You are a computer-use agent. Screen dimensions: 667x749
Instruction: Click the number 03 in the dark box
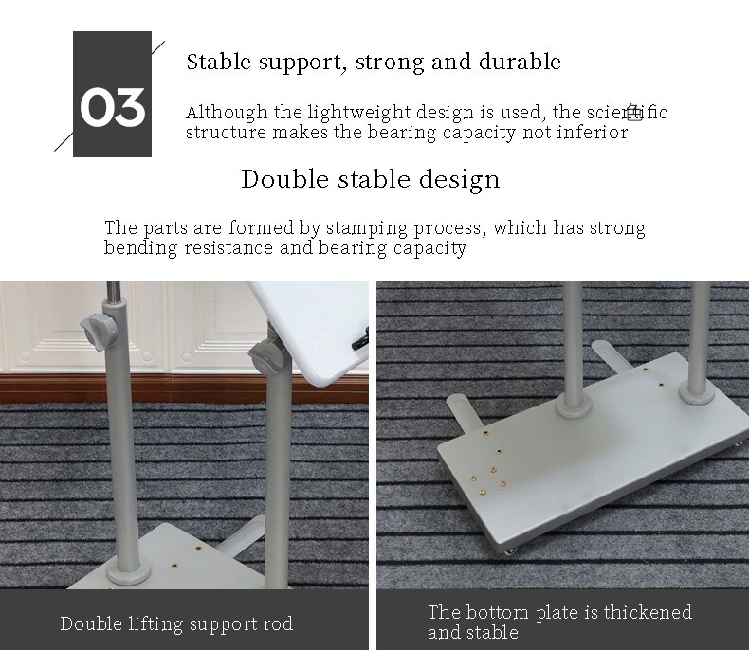pos(112,107)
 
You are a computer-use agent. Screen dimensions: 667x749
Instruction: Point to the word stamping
pos(366,228)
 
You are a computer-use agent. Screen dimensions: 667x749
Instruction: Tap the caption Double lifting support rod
pos(176,623)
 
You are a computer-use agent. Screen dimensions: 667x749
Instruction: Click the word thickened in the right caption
pos(648,612)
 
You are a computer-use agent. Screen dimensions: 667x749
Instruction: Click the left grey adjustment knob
pos(99,331)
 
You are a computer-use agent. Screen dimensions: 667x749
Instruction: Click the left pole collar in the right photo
pos(575,405)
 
